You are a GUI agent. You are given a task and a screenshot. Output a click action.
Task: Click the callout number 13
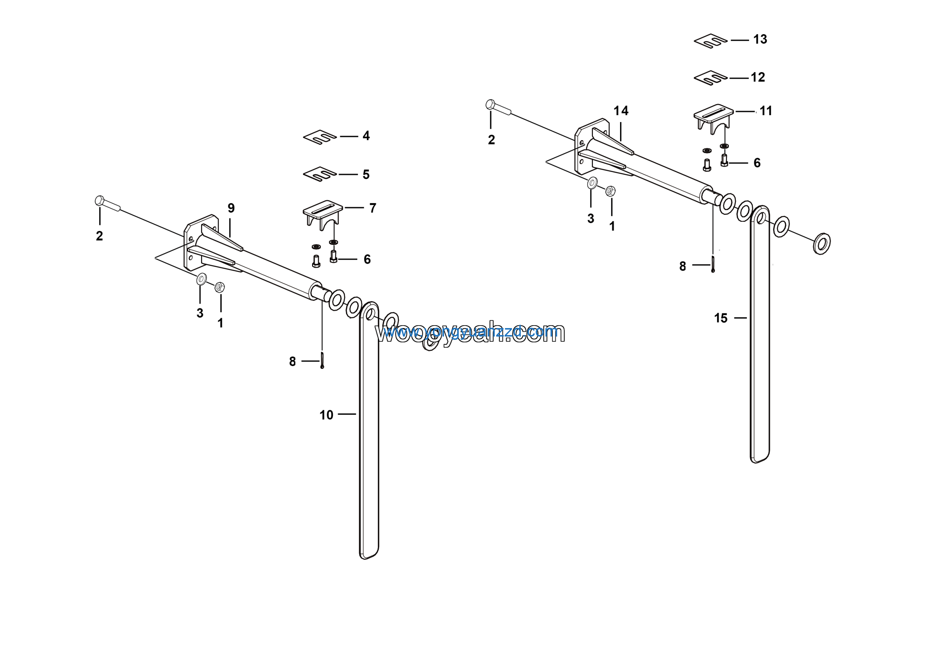[760, 39]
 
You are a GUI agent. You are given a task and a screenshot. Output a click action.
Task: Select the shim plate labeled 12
[710, 78]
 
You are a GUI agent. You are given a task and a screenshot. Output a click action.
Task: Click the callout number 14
[620, 111]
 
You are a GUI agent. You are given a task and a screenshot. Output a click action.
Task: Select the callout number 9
[231, 208]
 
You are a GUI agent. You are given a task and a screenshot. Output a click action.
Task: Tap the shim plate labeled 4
[320, 137]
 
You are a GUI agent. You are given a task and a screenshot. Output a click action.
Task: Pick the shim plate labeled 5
[320, 174]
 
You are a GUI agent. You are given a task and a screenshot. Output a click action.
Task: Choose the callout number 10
[326, 415]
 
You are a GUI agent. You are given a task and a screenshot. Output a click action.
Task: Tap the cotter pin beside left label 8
[322, 360]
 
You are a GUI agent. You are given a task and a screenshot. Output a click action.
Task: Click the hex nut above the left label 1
[220, 287]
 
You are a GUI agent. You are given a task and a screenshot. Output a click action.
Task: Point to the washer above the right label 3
[592, 183]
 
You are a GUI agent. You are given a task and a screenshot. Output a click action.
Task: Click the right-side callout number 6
[757, 163]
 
